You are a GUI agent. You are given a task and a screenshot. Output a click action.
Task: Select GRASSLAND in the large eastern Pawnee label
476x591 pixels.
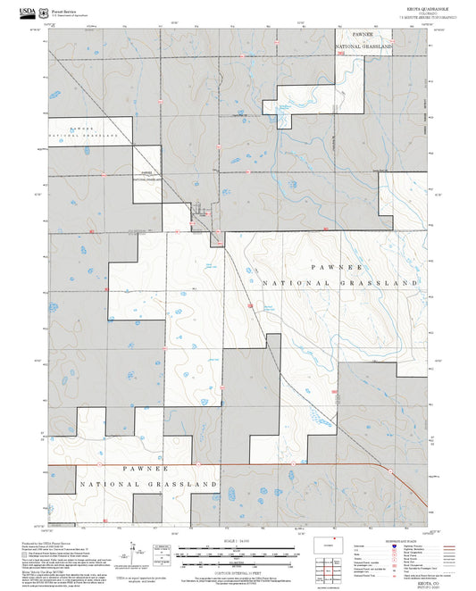pyautogui.click(x=386, y=282)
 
